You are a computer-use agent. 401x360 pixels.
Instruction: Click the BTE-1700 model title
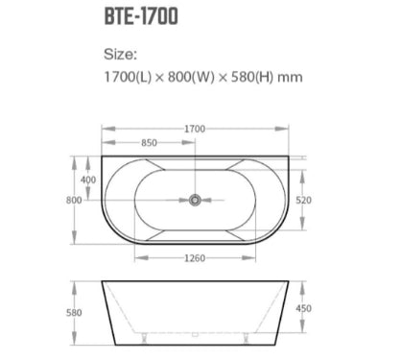pos(141,16)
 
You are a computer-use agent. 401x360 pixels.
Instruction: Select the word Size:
pos(120,54)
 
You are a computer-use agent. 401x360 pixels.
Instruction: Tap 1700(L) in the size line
pos(128,77)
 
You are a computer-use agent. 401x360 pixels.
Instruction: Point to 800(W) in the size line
pos(191,77)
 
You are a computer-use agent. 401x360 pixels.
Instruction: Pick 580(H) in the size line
pos(252,77)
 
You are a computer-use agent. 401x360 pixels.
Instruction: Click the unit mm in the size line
pos(290,78)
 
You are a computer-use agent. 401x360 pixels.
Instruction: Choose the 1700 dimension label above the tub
pos(195,129)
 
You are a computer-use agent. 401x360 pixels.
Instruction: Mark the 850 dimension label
pos(149,142)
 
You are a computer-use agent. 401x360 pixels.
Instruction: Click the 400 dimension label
pos(88,180)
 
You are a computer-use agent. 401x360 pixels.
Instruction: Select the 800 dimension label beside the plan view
pos(74,200)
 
